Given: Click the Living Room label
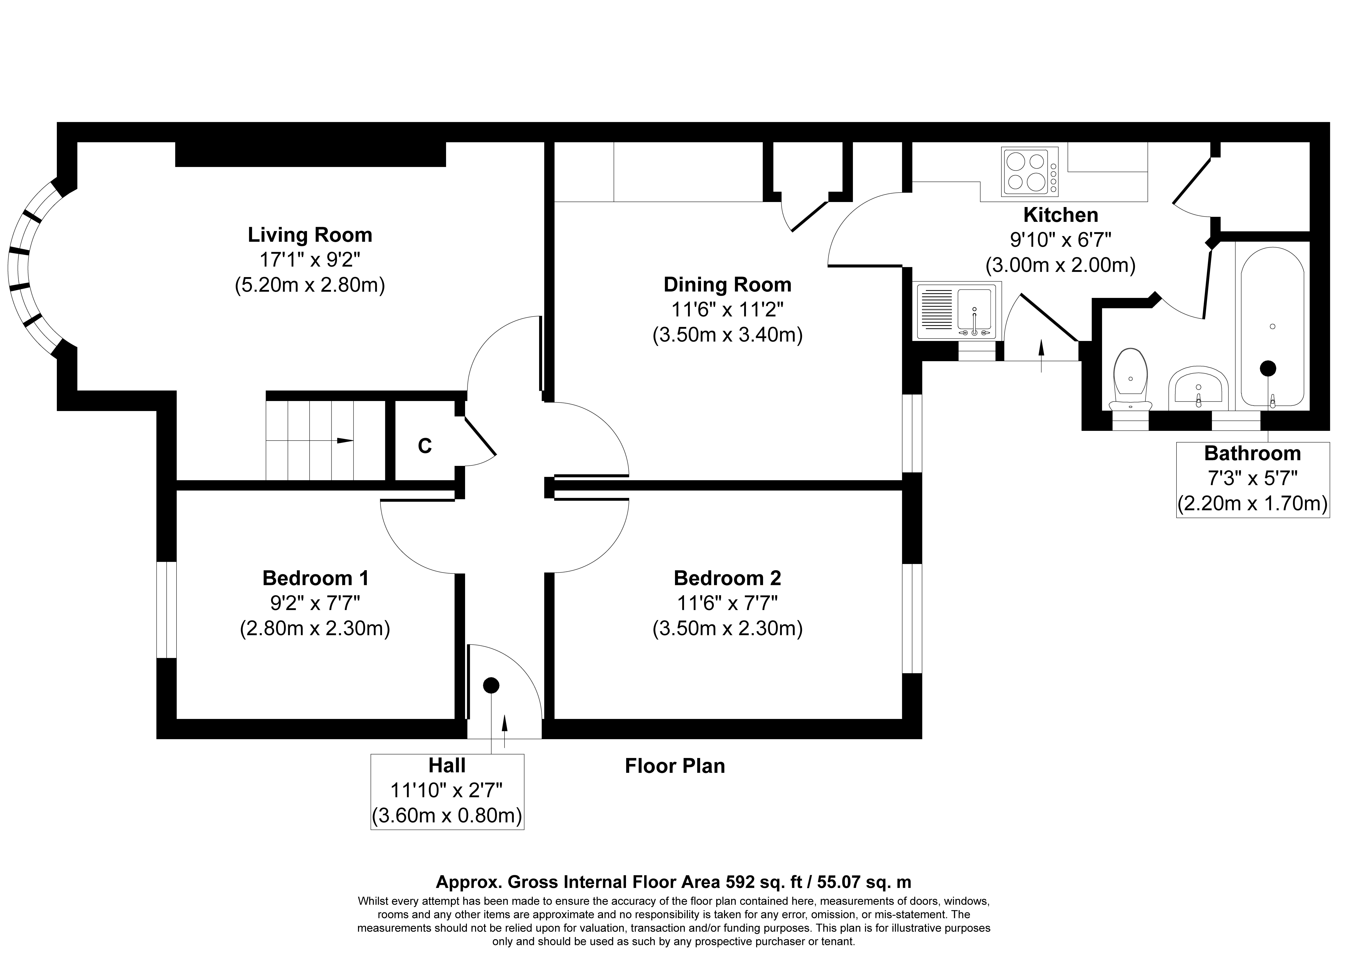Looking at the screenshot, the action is [x=310, y=235].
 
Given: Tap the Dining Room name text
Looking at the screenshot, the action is [x=727, y=285].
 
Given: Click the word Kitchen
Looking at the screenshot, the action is [x=1060, y=215].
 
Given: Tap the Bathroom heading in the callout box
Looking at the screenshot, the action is [x=1252, y=454].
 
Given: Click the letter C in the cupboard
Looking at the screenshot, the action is [x=424, y=446].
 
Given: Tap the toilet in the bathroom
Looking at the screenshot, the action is [x=1130, y=379].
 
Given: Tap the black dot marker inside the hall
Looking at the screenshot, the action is [x=491, y=685].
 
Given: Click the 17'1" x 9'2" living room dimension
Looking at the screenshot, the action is [x=310, y=260].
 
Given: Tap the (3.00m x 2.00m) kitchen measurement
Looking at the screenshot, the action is [x=1060, y=265].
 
